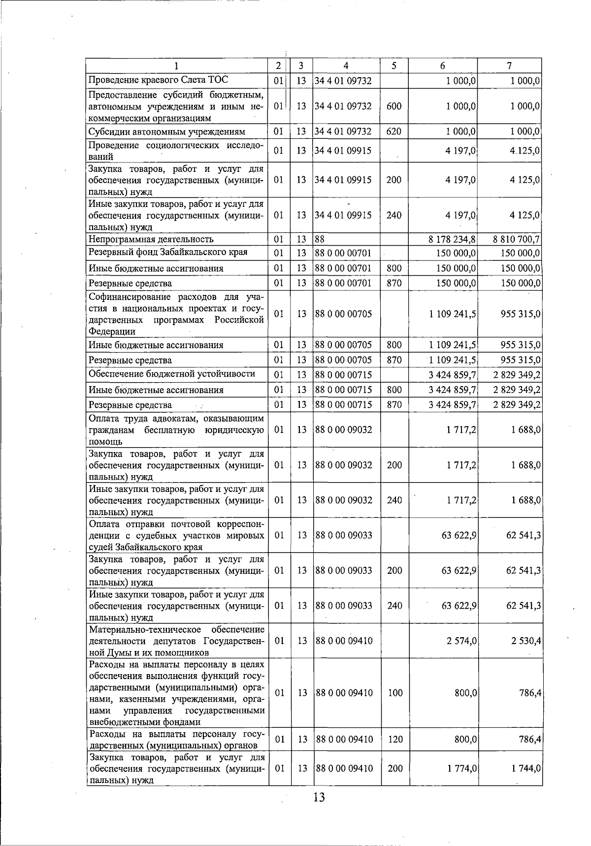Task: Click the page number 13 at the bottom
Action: pos(319,797)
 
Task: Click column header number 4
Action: pos(346,65)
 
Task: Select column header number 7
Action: pos(509,65)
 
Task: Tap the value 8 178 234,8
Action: pos(452,239)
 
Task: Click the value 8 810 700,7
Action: pos(516,239)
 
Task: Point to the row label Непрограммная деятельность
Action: pos(151,239)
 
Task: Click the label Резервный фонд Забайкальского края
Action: pos(167,252)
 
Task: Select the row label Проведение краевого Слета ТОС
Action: pos(158,80)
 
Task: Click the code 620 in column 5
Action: pos(394,131)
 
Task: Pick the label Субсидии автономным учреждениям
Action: pos(166,131)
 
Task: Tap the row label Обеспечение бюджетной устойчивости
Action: pos(172,374)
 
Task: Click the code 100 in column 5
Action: pos(394,693)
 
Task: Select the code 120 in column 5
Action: pos(394,739)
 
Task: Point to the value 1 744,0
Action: pos(525,768)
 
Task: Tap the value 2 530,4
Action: pos(525,641)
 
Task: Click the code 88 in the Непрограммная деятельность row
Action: pos(320,239)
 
